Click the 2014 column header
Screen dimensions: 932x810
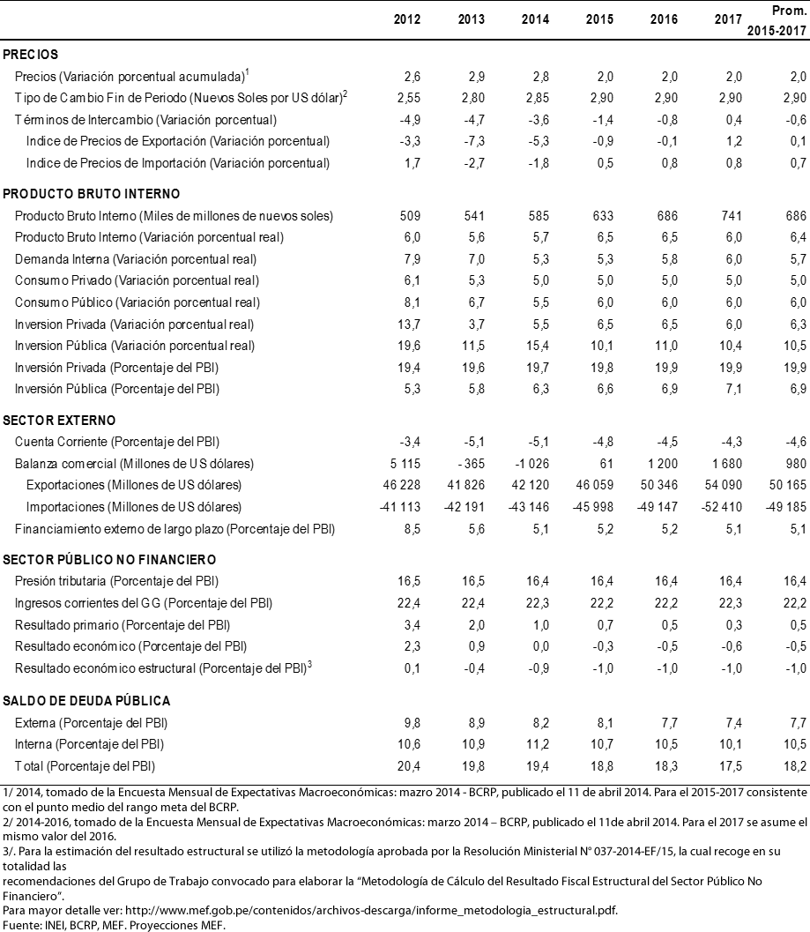tap(535, 20)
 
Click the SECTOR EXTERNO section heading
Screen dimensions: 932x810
tap(59, 421)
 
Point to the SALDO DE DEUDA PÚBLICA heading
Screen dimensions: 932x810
tap(87, 701)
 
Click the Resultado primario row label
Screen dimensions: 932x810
tap(123, 624)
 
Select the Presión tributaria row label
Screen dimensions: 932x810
tap(116, 582)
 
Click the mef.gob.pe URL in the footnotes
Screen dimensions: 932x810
tap(371, 908)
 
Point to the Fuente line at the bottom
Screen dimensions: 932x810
tap(115, 924)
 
